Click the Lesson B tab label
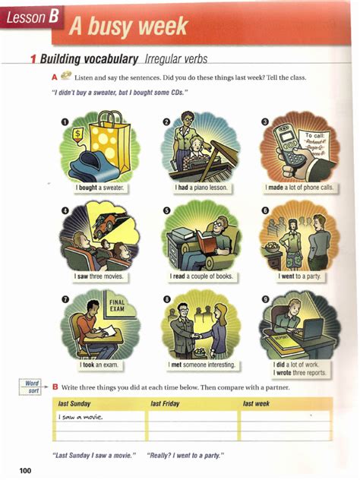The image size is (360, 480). click(x=30, y=17)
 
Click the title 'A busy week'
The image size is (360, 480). click(x=128, y=27)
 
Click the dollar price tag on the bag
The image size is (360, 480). click(x=77, y=134)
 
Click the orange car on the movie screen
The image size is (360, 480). click(x=113, y=221)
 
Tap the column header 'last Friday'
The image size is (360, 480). click(x=165, y=404)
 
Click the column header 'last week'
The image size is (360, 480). click(x=256, y=404)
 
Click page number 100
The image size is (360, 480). click(x=26, y=472)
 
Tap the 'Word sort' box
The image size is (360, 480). click(x=32, y=387)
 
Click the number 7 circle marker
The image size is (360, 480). click(x=65, y=300)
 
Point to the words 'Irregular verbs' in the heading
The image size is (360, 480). click(x=175, y=59)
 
